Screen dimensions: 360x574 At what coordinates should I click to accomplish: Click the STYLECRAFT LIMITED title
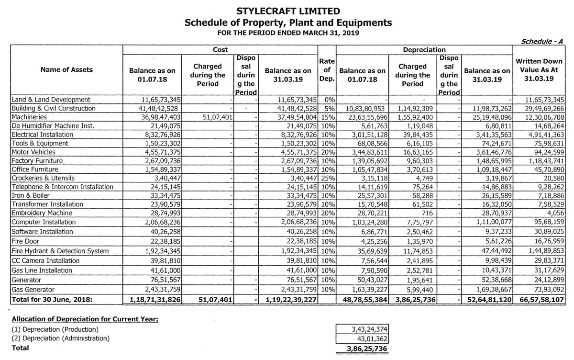click(287, 11)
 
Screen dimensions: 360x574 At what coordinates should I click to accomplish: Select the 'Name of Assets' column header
click(66, 69)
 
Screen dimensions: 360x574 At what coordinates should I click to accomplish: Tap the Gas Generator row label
click(33, 290)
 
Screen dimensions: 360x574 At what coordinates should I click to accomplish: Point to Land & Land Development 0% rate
click(328, 100)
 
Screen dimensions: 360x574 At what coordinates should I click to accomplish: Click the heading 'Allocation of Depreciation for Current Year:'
click(85, 319)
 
